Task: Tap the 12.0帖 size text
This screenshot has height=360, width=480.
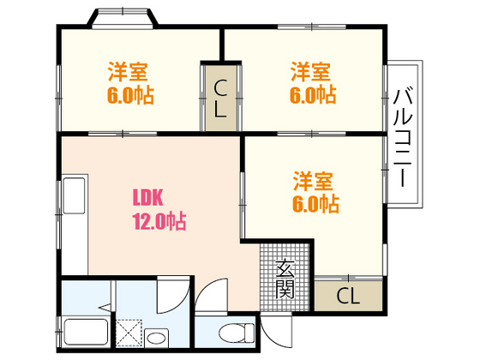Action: coord(159,221)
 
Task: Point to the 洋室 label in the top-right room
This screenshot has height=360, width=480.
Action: coord(309,70)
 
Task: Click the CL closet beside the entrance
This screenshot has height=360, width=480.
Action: coord(347,297)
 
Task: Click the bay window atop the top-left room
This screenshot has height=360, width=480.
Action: coord(122,18)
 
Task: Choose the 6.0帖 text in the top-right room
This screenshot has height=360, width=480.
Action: coord(312,93)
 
